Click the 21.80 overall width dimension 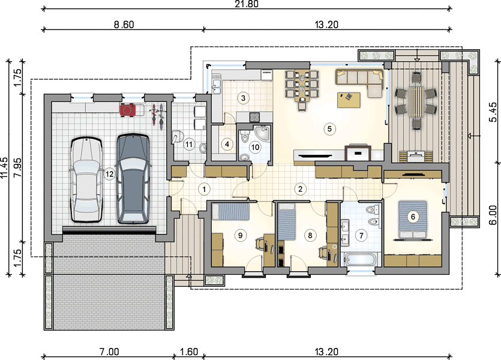[247, 4]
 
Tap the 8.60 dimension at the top [124, 25]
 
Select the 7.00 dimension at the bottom [109, 352]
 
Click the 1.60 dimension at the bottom [189, 352]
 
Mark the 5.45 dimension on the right [493, 112]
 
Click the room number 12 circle [109, 174]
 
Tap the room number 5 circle [329, 129]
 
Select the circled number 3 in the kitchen [243, 98]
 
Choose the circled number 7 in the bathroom [361, 236]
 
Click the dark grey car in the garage [133, 178]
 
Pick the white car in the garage [86, 179]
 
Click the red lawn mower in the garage [128, 110]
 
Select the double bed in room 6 [412, 220]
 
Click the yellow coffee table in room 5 [349, 100]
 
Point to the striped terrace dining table [416, 102]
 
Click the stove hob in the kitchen [254, 117]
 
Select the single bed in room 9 [230, 211]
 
